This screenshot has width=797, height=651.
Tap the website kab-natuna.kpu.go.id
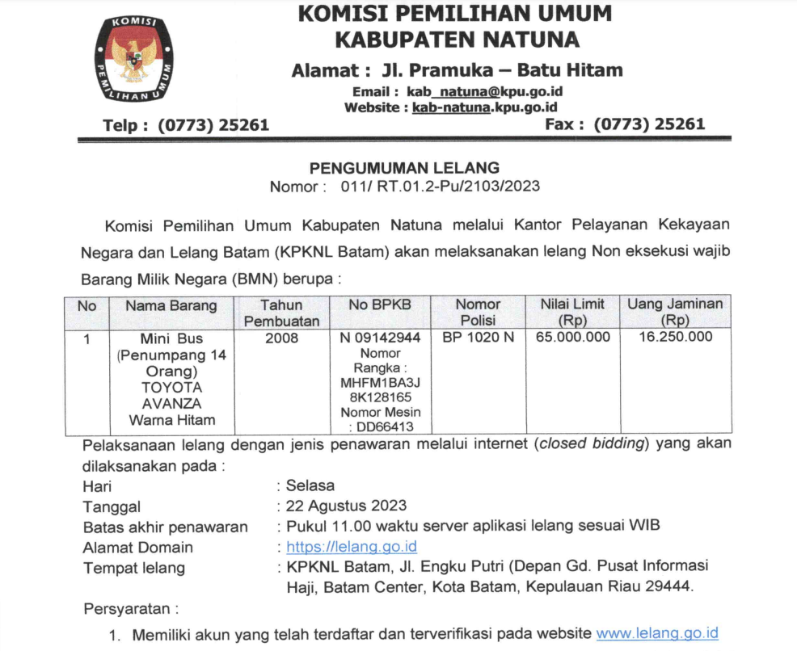pos(484,107)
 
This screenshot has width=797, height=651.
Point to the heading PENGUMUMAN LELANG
pos(405,169)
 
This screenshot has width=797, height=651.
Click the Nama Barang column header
pos(171,306)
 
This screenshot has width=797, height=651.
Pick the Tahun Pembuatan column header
pos(281,313)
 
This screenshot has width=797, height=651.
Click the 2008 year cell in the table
pos(281,338)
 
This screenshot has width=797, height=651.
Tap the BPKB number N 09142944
pos(380,338)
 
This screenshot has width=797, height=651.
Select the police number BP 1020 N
pos(478,338)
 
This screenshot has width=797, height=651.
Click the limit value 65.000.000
pos(573,338)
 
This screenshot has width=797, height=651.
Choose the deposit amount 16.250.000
pos(675,338)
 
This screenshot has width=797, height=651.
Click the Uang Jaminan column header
pos(675,312)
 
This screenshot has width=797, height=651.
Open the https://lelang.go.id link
pos(352,548)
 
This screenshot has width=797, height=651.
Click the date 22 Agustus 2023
pos(347,506)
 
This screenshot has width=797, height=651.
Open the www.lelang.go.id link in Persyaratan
pos(656,634)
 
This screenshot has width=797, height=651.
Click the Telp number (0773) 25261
pos(213,125)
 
